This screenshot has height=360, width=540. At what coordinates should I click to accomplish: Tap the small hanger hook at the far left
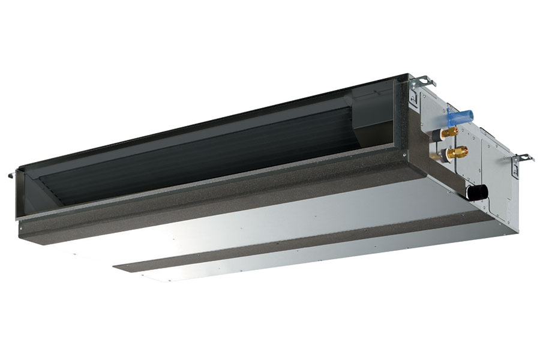[x=11, y=175]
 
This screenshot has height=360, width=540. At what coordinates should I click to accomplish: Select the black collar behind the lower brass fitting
[x=448, y=155]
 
